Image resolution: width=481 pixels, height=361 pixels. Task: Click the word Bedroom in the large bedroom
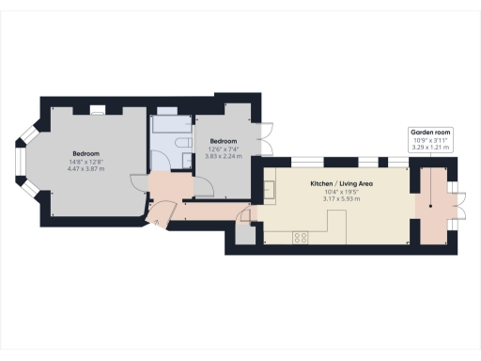86,153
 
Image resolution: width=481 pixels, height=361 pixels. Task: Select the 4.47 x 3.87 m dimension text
86,168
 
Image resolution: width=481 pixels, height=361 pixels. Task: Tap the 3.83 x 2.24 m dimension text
224,155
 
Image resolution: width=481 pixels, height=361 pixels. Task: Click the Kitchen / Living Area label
335,185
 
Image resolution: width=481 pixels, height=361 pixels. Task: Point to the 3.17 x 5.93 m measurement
335,198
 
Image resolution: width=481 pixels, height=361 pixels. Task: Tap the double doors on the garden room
459,202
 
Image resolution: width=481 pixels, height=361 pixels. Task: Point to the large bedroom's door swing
138,183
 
